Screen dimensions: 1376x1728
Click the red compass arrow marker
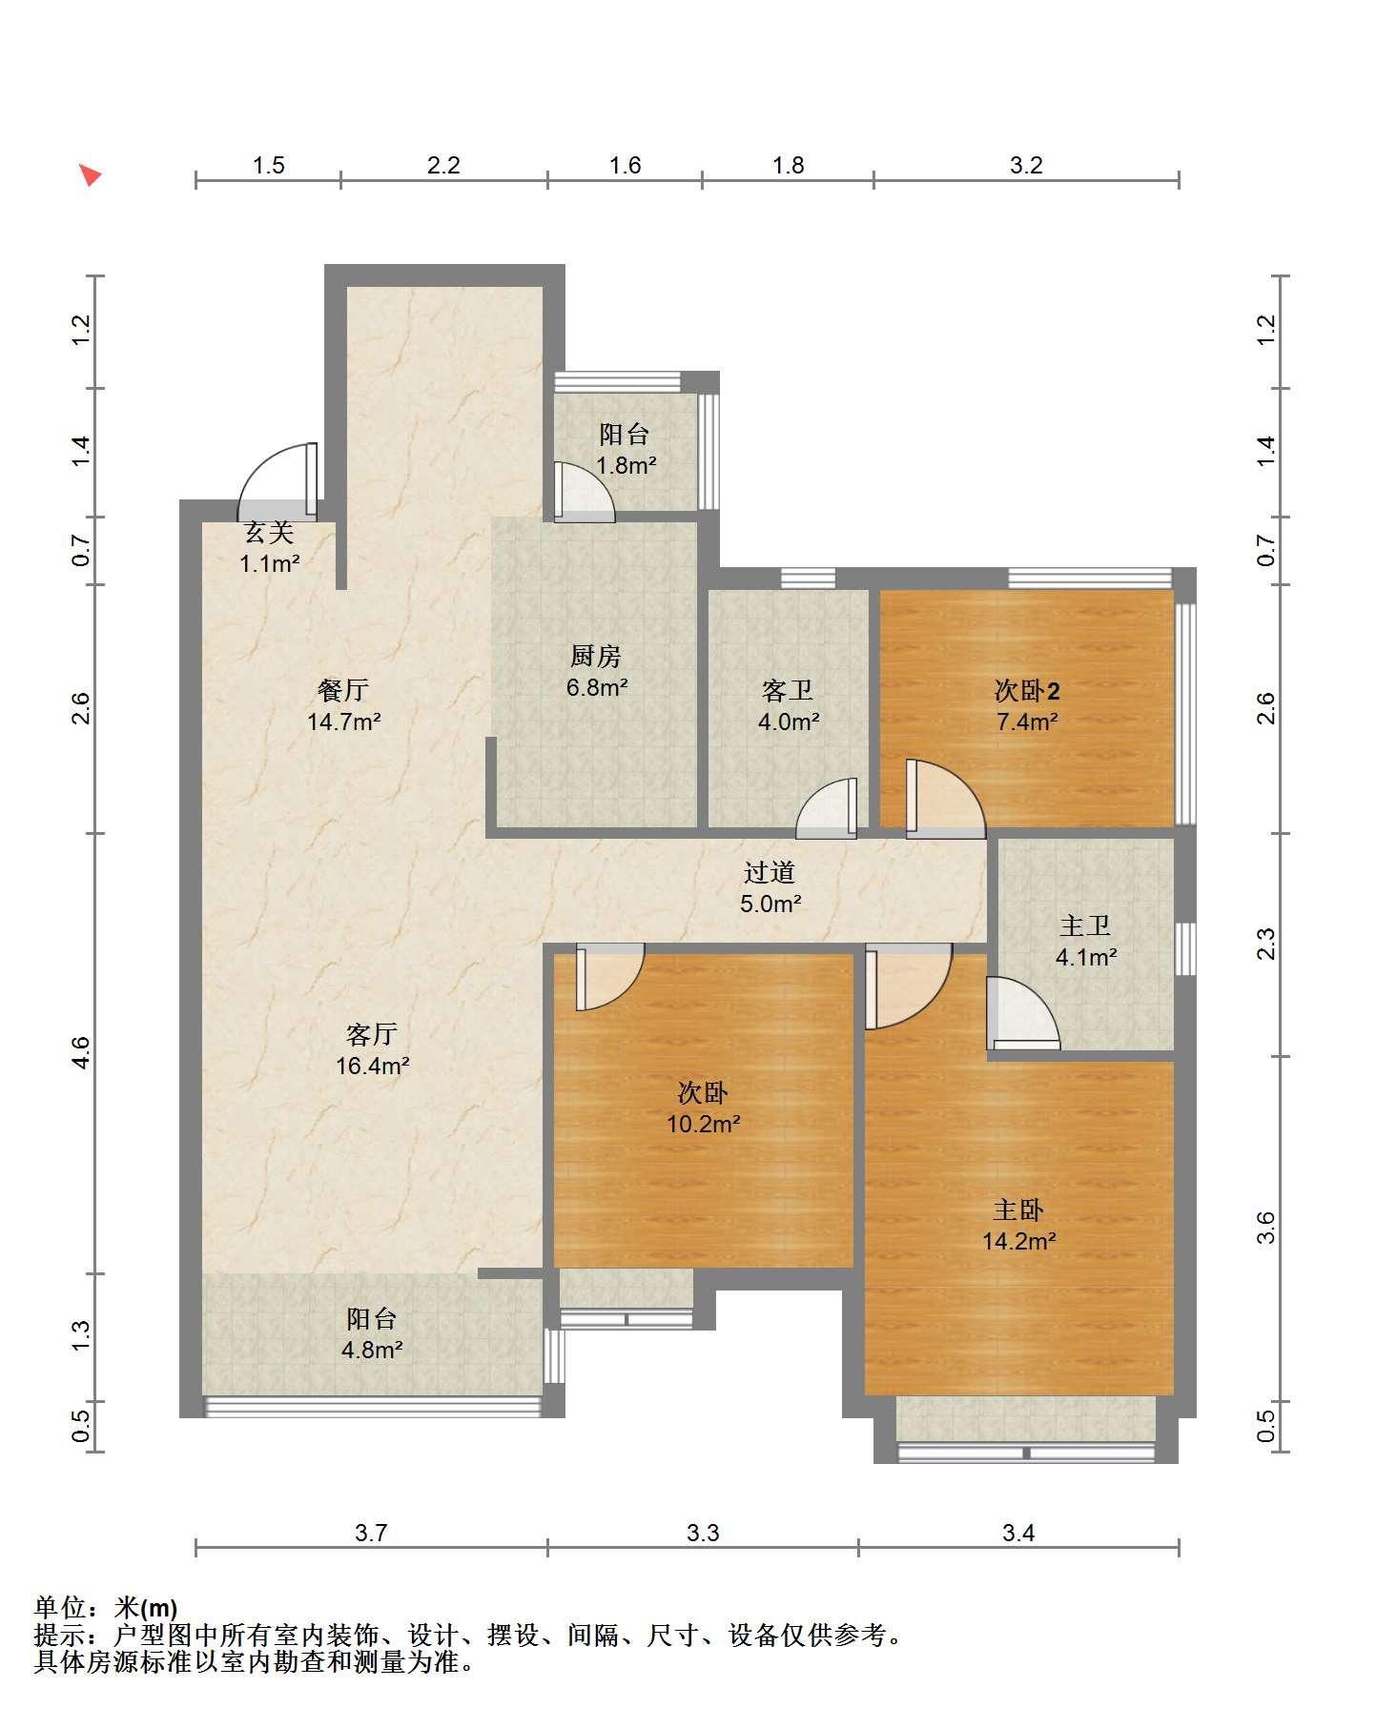point(91,175)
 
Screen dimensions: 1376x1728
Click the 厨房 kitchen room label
point(596,656)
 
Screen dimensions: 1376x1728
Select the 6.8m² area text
point(597,686)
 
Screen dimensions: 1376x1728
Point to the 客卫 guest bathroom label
point(788,690)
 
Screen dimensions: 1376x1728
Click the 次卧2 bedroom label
point(1027,690)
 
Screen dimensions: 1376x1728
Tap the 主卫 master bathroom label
point(1085,925)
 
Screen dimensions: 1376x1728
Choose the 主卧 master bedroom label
point(1018,1210)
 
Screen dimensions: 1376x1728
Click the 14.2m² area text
point(1018,1241)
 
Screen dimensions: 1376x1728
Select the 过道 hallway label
point(770,872)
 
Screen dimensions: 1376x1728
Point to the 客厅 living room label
point(372,1034)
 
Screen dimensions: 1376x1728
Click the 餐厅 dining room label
point(343,690)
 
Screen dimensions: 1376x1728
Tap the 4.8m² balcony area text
point(372,1350)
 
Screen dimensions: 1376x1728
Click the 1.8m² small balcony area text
point(626,466)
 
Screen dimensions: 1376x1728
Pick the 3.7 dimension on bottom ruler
point(371,1533)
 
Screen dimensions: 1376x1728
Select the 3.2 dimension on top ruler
point(1026,165)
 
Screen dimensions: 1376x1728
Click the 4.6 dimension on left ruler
point(80,1052)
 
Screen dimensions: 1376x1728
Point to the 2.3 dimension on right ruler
point(1265,944)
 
